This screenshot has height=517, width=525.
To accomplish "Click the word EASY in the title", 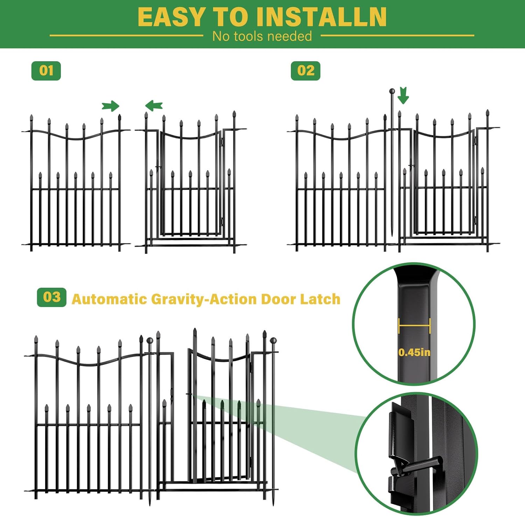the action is tap(171, 17).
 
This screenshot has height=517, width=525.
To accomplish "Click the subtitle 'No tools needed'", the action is tap(262, 36).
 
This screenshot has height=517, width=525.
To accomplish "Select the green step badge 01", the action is tap(46, 71).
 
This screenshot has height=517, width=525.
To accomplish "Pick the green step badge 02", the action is tap(306, 71).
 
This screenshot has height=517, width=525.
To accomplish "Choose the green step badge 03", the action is tap(52, 297).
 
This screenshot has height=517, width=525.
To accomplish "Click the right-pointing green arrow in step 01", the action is tap(111, 106).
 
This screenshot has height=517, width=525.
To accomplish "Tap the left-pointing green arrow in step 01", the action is tap(154, 105).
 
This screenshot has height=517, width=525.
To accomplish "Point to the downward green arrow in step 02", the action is tap(403, 95).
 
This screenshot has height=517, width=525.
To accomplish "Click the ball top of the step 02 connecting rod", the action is tap(392, 91).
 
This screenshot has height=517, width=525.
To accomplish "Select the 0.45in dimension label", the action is tap(414, 352).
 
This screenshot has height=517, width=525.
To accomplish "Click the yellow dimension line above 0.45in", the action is tap(414, 326).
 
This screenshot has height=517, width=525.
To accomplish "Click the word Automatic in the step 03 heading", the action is tap(109, 299).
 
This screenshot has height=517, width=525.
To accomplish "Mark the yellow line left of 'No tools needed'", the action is tap(126, 35).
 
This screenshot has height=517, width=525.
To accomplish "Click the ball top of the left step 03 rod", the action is tap(150, 341).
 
